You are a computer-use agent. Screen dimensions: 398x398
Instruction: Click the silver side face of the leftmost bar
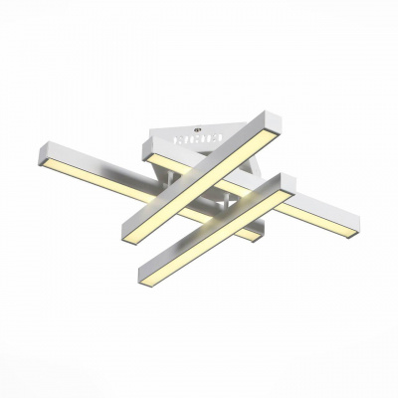[99, 164]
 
